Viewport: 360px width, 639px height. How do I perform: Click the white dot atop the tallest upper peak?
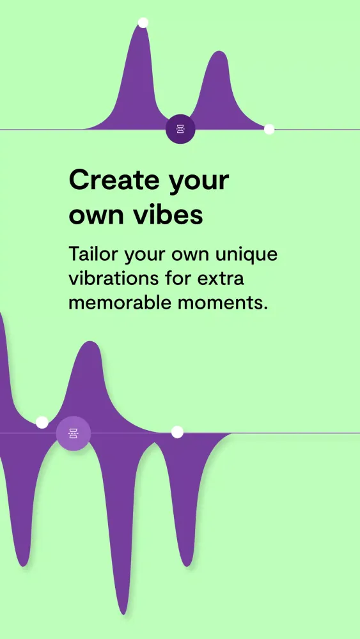point(143,23)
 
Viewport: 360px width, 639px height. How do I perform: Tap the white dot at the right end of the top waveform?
point(269,130)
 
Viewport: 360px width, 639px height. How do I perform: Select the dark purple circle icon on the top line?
point(180,130)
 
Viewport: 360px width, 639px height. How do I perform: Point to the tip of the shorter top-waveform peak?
point(218,53)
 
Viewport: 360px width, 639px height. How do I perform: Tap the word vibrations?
point(112,279)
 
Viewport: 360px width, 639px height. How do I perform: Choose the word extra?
point(221,279)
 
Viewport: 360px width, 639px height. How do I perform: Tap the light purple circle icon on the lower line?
point(74,433)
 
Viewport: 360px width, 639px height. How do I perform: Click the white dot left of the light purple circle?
point(42,422)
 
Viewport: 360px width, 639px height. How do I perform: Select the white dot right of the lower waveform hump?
point(177,433)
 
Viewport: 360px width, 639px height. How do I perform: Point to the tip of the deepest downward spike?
point(124,612)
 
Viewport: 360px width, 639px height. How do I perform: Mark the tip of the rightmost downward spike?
point(186,565)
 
